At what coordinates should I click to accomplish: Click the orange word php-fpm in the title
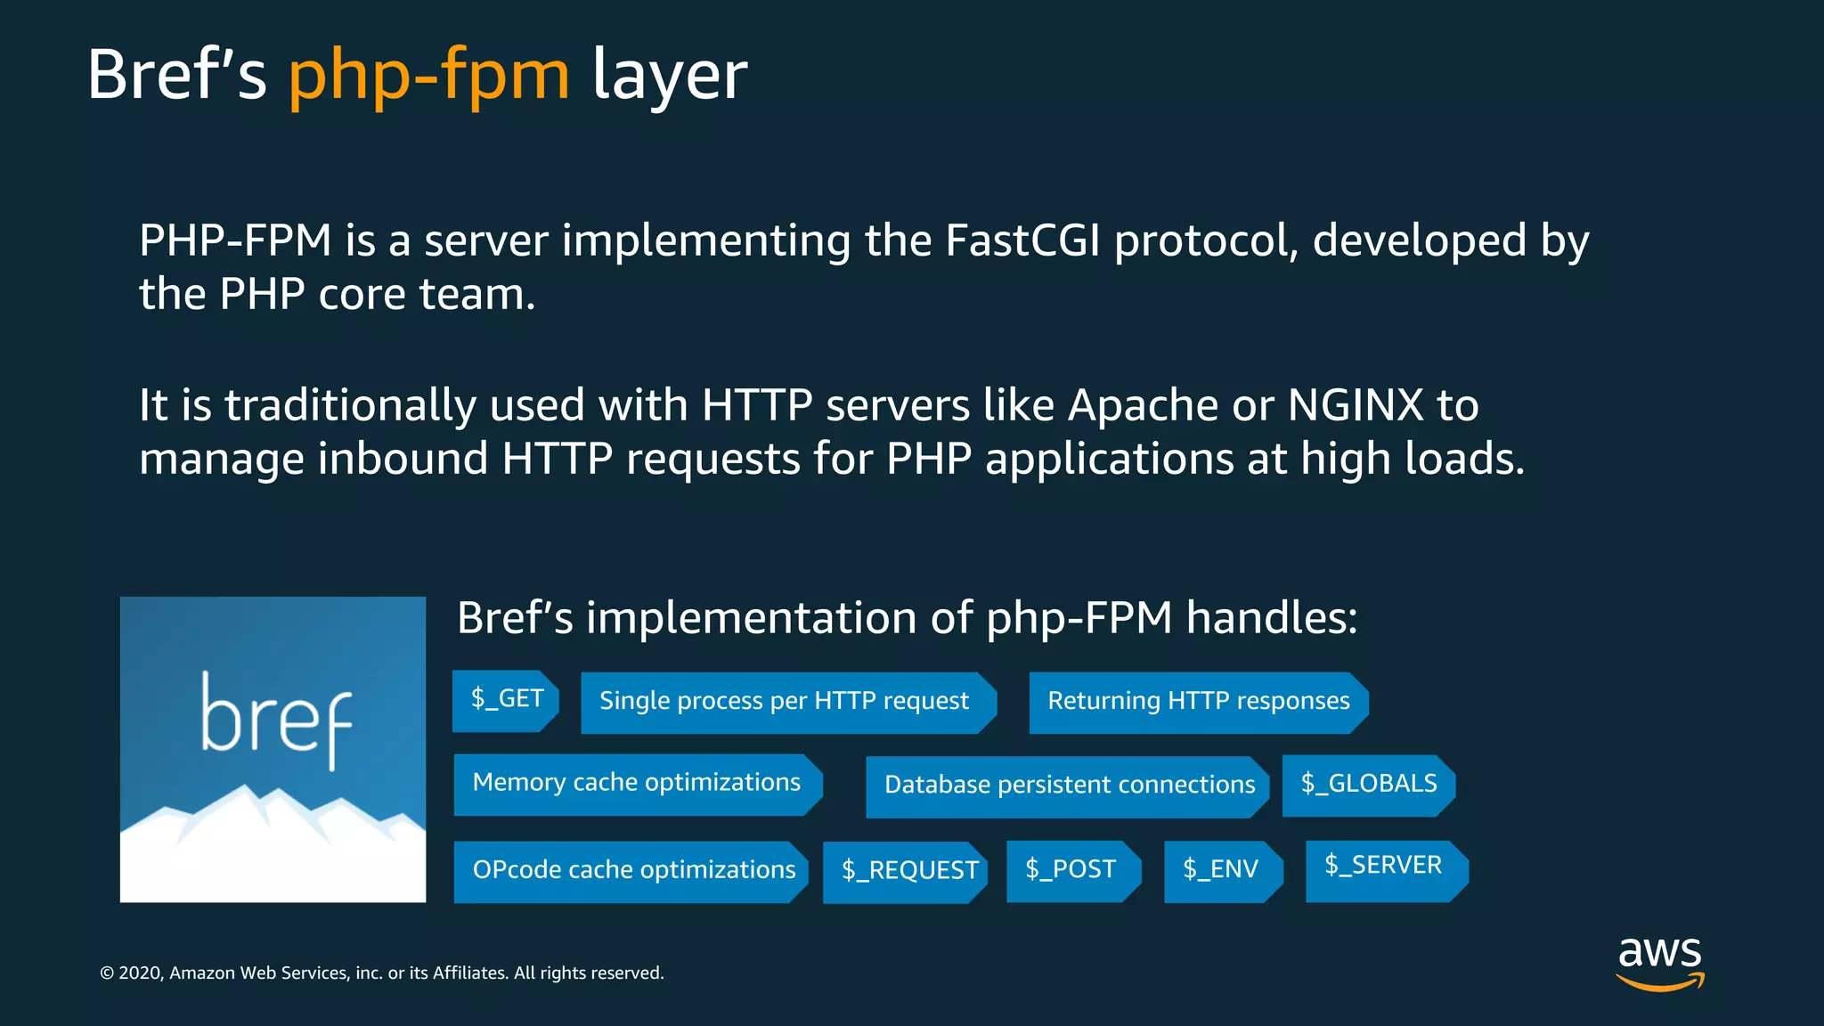[x=428, y=76]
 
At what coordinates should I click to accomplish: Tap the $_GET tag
[x=506, y=700]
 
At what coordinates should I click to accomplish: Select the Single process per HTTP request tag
[x=786, y=702]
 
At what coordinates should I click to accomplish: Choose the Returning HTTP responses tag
[x=1198, y=702]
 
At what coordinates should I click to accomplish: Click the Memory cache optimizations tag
[x=637, y=784]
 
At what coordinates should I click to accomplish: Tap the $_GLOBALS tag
[x=1368, y=785]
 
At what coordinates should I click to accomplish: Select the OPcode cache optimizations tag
[x=632, y=871]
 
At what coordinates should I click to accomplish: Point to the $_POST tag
[x=1071, y=870]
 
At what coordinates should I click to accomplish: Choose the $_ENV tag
[x=1221, y=870]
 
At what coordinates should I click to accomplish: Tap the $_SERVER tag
[x=1384, y=868]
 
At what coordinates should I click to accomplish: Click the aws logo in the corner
[x=1659, y=962]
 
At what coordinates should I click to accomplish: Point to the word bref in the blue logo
[x=276, y=717]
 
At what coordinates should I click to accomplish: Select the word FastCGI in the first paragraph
[x=1022, y=240]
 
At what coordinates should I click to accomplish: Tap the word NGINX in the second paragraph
[x=1356, y=405]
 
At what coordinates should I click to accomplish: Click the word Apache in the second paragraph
[x=1143, y=405]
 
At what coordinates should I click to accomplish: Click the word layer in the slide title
[x=670, y=76]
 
